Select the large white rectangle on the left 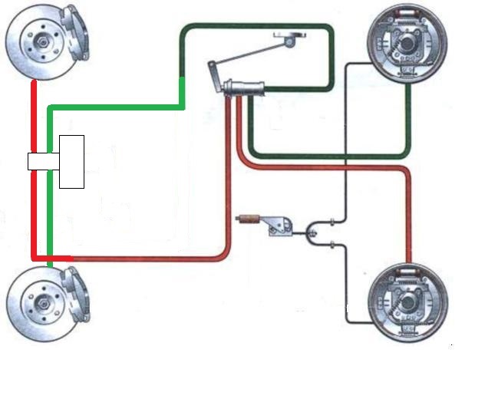(x=71, y=161)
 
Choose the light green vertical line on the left (x=49, y=199)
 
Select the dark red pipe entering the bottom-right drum (x=408, y=230)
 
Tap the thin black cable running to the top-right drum (x=347, y=138)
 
